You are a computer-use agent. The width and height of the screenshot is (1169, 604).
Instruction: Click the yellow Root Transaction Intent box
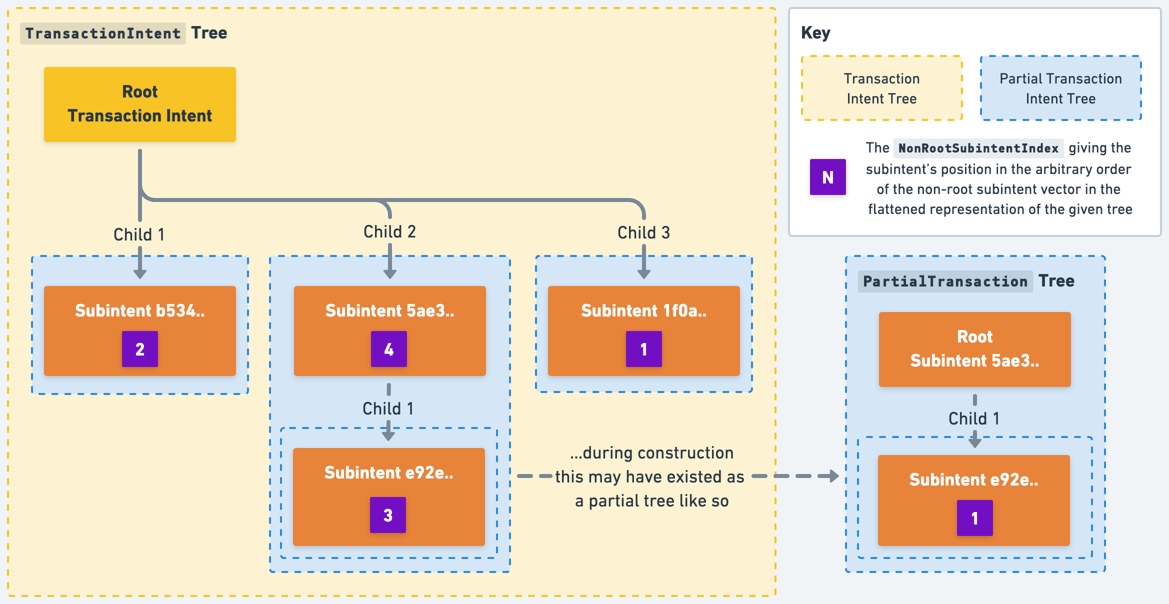pos(139,104)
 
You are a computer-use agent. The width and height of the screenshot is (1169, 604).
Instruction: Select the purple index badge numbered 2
pos(139,349)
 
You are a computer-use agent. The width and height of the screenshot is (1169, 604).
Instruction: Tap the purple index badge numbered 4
pos(388,349)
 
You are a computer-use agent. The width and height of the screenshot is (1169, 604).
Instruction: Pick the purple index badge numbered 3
pos(387,515)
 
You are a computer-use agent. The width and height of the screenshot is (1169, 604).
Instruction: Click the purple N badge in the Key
pos(827,177)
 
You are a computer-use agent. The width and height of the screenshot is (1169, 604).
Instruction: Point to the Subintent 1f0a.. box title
pos(643,310)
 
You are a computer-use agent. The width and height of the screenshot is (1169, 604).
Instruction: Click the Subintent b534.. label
pos(139,310)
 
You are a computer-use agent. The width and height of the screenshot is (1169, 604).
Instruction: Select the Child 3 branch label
pos(643,232)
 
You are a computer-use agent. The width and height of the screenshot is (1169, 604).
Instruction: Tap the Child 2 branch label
pos(389,231)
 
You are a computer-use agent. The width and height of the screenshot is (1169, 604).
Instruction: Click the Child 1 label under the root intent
pos(139,234)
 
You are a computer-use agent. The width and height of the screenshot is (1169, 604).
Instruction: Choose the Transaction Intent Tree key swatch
pos(881,88)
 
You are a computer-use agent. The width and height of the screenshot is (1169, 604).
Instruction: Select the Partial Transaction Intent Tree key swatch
pos(1060,88)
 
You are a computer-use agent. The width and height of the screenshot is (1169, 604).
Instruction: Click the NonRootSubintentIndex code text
pos(978,148)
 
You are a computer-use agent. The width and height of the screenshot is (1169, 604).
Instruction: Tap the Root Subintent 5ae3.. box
pos(974,349)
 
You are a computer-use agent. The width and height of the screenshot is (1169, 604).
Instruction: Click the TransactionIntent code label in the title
pos(103,33)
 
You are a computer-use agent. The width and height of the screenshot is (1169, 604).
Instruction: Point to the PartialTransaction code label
pos(945,281)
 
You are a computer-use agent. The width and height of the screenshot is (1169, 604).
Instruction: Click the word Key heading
pos(815,33)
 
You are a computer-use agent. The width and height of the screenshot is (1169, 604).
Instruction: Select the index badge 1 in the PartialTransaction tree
pos(974,518)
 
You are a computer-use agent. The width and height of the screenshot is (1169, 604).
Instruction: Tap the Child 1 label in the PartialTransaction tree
pos(973,418)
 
